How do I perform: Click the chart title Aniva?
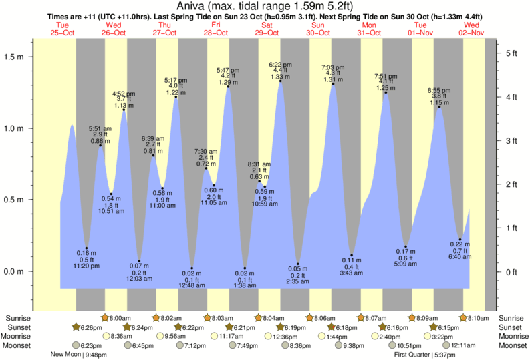point(265,6)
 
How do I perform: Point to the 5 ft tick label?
point(511,53)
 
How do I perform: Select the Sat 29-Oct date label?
point(266,29)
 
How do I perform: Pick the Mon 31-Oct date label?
point(368,29)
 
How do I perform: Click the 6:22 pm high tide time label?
point(280,64)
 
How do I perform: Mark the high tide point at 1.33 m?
point(280,81)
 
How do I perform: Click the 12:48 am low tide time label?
point(192,285)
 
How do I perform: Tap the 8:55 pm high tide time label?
point(439,89)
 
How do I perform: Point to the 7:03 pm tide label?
point(333,67)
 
